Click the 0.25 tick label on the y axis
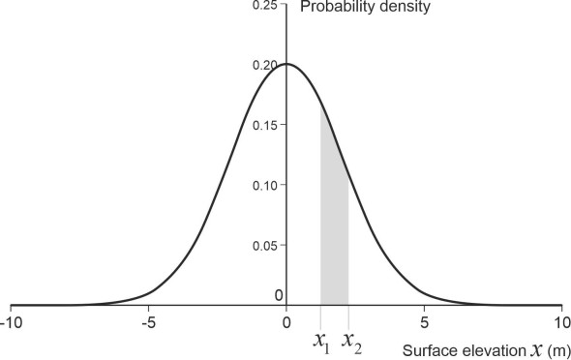coord(264,6)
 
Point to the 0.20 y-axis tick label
coord(264,66)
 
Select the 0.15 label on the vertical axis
coord(264,126)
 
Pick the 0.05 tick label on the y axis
coord(264,246)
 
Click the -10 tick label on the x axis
coord(11,321)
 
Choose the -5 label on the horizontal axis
coord(148,321)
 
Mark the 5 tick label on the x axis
coord(425,321)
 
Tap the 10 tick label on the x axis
coord(560,321)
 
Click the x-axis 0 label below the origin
coord(286,321)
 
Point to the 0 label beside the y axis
coord(279,295)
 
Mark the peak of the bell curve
coord(286,64)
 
